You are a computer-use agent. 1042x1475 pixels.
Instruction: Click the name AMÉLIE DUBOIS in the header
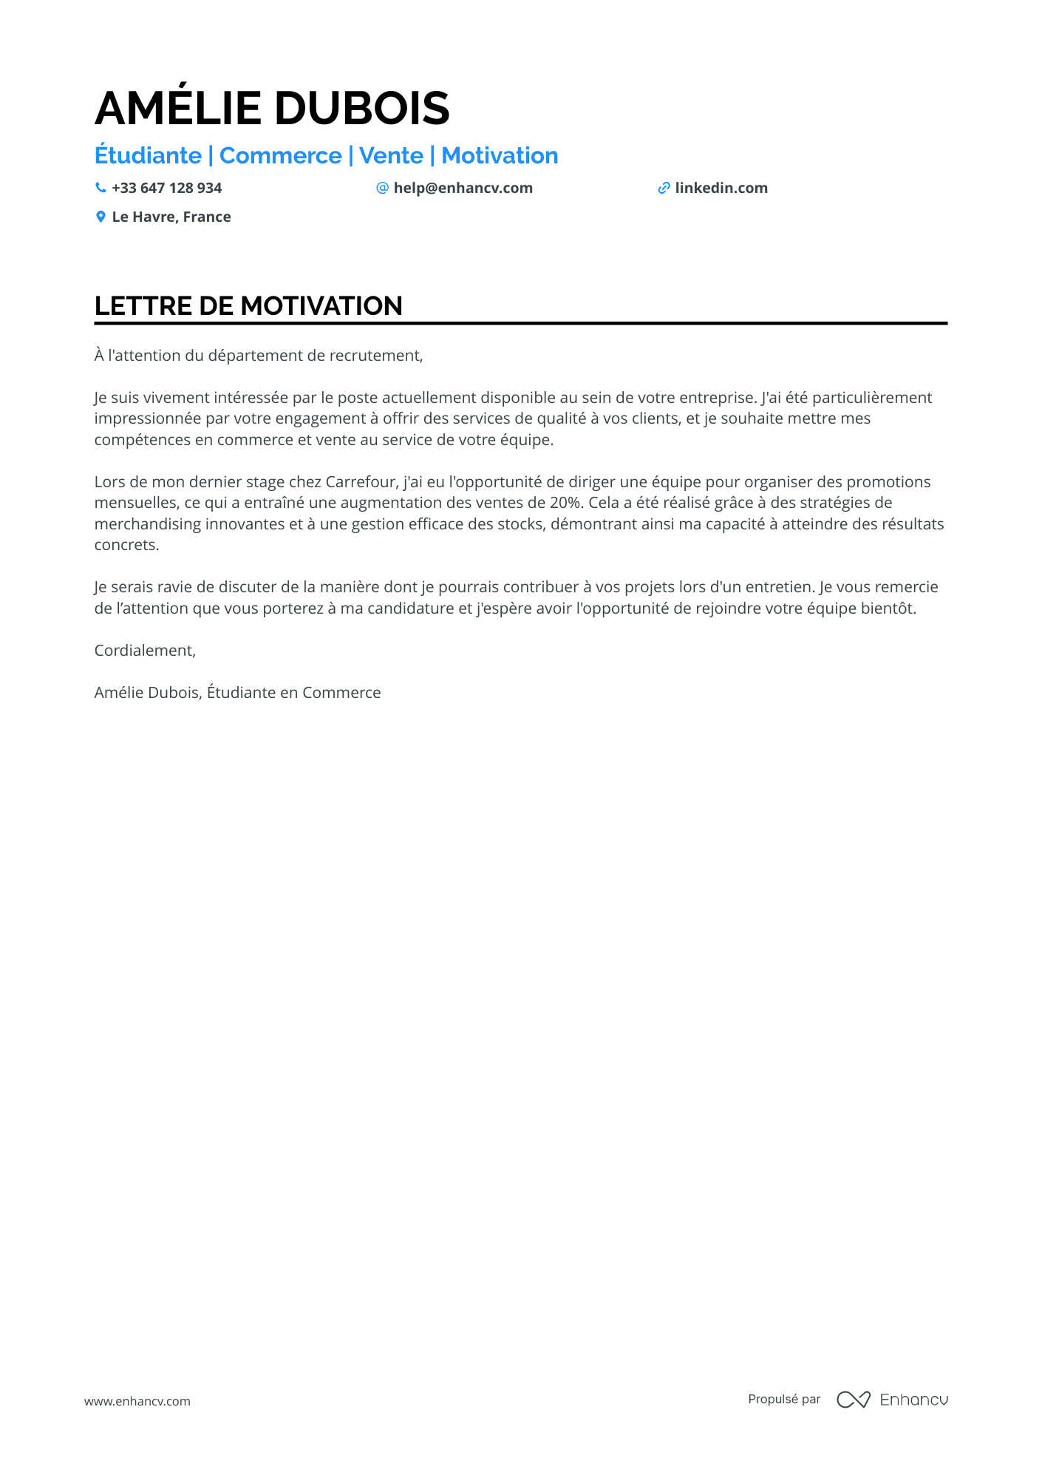point(272,108)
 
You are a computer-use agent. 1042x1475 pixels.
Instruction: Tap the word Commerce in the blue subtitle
point(280,156)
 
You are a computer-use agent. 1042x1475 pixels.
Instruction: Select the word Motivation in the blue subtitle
point(500,156)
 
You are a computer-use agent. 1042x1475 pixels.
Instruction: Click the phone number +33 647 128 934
point(166,189)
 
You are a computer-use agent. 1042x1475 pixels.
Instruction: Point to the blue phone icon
point(101,188)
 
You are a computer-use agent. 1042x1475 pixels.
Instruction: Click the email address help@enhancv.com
point(463,189)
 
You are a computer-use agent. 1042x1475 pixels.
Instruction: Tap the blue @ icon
point(382,188)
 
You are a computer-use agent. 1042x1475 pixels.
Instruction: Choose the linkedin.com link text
point(721,189)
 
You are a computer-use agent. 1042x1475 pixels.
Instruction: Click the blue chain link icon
point(664,189)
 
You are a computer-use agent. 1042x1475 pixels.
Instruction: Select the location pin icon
point(101,217)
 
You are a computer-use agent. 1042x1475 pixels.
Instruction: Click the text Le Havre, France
point(171,217)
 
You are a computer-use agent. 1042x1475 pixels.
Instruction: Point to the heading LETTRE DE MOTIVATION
point(248,306)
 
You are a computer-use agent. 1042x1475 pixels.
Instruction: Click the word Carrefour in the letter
point(361,482)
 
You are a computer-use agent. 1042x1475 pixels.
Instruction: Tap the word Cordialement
point(145,651)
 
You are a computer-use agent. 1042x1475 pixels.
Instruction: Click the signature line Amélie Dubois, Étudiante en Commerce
point(237,693)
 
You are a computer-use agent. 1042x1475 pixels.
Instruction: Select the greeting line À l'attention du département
point(259,356)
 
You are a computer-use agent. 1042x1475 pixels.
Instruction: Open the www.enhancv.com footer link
point(137,1401)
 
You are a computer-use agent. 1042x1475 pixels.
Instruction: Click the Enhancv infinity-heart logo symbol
point(853,1400)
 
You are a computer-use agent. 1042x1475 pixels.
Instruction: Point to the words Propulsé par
point(784,1400)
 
